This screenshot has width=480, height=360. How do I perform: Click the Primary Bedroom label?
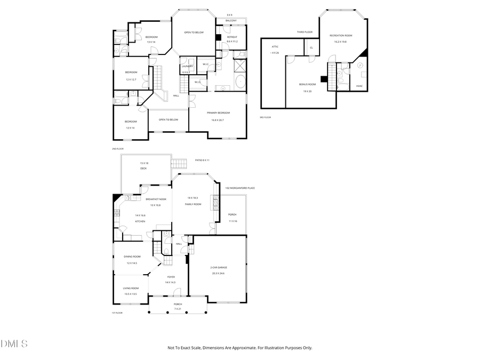pos(218,113)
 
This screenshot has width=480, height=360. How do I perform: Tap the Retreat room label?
pos(231,37)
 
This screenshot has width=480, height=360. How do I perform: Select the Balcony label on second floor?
pos(231,21)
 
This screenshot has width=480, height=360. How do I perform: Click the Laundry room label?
pos(187,66)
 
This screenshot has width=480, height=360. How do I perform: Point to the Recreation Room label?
pos(340,35)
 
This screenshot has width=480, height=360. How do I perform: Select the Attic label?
pos(275,47)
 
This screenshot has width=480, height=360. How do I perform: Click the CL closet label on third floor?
pos(311,47)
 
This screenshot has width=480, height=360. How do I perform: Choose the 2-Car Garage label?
pos(219,267)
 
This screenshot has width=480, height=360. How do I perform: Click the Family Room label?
pos(193,204)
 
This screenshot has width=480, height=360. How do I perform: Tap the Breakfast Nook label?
pos(156,199)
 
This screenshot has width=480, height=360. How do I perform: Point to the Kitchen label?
pos(140,221)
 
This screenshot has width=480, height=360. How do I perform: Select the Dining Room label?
pos(132,257)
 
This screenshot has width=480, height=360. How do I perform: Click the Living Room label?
pos(131,288)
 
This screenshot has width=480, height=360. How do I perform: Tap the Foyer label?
pos(171,277)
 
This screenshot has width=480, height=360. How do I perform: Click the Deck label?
pos(143,169)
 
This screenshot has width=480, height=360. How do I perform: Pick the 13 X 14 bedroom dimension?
pos(151,42)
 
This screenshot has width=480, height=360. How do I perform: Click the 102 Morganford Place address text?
pos(239,188)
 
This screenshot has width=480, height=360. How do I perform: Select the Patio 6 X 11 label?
pos(202,160)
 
